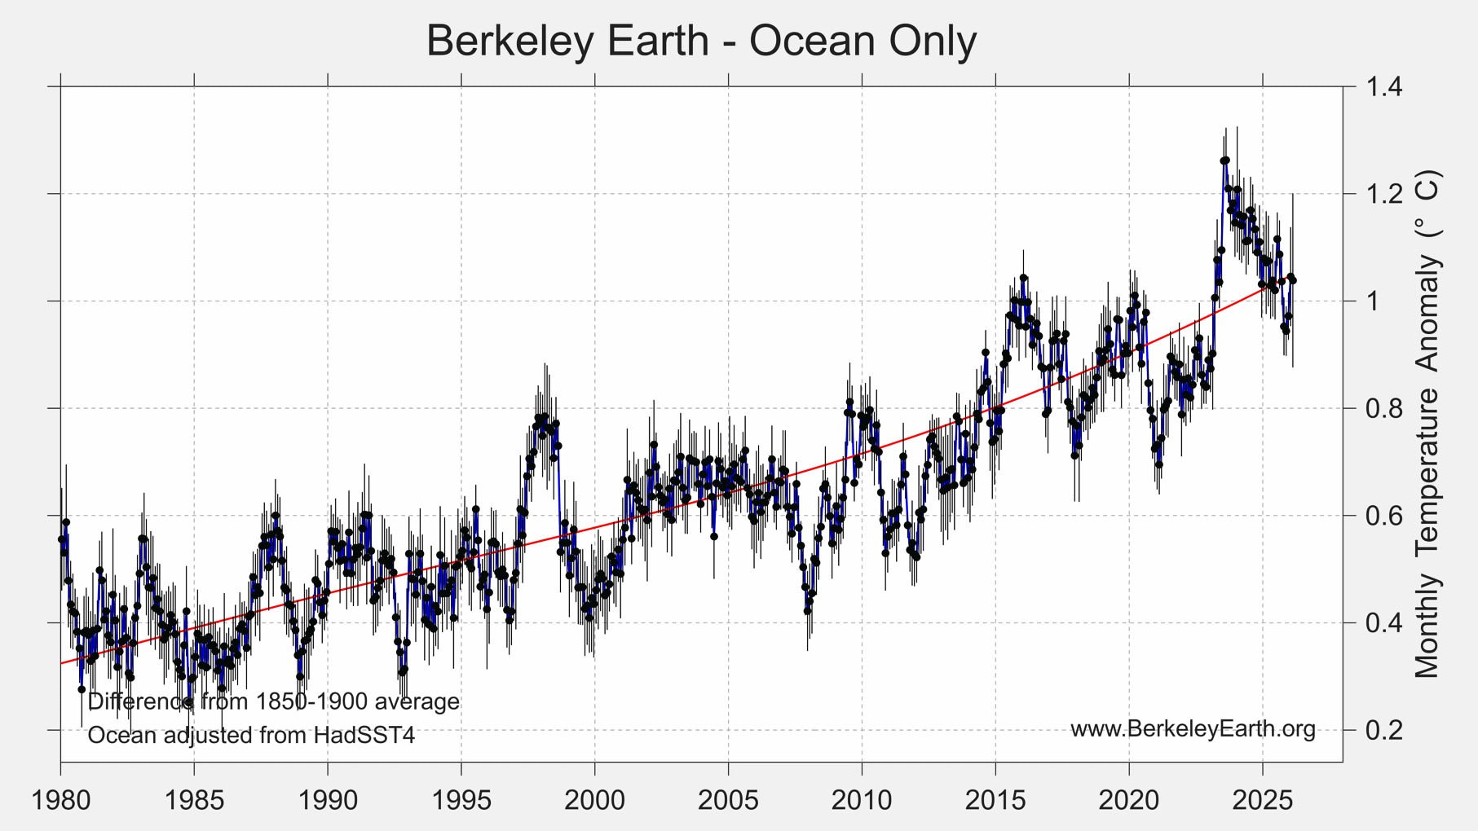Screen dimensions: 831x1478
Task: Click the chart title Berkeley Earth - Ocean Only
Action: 701,41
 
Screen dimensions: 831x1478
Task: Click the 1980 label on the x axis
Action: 60,800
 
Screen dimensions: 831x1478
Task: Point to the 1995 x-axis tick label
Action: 461,800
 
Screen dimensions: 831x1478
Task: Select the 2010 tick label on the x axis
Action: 862,800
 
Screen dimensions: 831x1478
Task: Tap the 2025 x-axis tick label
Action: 1263,800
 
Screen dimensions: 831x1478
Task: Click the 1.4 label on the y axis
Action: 1384,86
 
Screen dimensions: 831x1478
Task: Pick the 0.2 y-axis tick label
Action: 1384,730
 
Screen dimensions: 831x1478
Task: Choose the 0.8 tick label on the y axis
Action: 1384,408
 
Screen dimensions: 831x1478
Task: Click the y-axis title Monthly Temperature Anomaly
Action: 1427,424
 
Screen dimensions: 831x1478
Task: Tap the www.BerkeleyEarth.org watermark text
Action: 1193,728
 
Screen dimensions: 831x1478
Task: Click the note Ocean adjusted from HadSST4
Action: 251,736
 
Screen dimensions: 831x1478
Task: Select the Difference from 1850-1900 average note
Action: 273,701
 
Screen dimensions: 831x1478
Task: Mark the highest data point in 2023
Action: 1224,160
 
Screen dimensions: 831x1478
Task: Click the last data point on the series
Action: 1293,280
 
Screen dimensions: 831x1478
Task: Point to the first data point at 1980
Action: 61,540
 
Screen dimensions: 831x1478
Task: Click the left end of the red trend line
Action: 61,663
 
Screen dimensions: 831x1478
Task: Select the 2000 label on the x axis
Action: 594,800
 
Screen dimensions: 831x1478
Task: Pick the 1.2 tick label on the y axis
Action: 1384,194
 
